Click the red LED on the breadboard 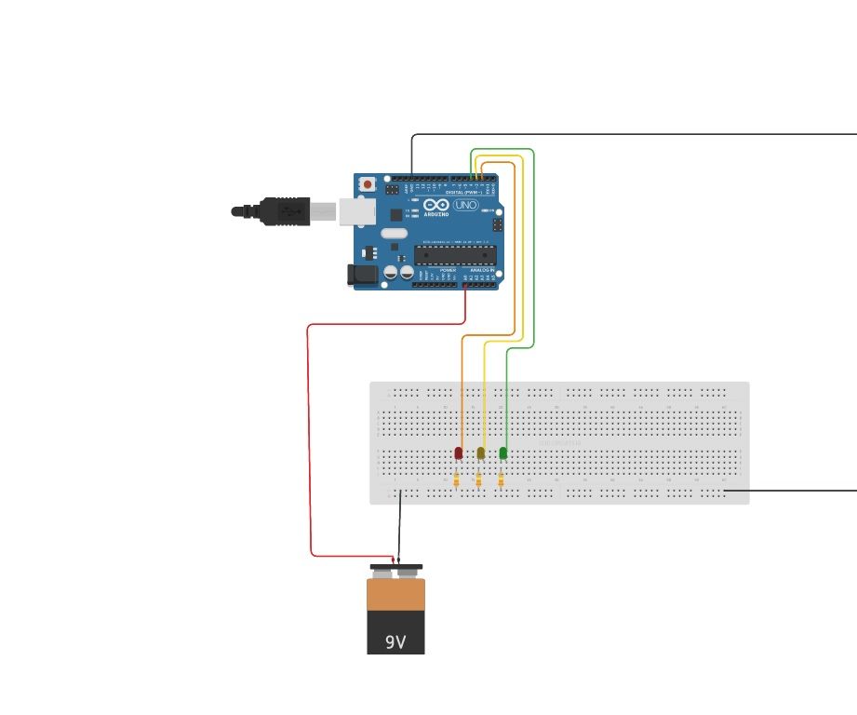click(x=458, y=452)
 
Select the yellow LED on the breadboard click(x=480, y=452)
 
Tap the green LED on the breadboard click(x=503, y=452)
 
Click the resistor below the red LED click(x=457, y=480)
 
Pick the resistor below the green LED click(x=501, y=480)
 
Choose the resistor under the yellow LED click(x=478, y=480)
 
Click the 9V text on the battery click(x=395, y=641)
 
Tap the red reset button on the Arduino click(x=368, y=184)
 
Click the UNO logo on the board click(x=465, y=205)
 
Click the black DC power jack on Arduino click(x=362, y=274)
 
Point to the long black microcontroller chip click(x=455, y=255)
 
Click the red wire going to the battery click(x=309, y=438)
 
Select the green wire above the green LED click(x=506, y=391)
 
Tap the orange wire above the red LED click(x=462, y=391)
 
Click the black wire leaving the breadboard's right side click(x=791, y=490)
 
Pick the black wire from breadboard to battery click(x=399, y=526)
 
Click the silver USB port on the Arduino click(x=356, y=211)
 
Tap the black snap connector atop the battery click(x=395, y=567)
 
